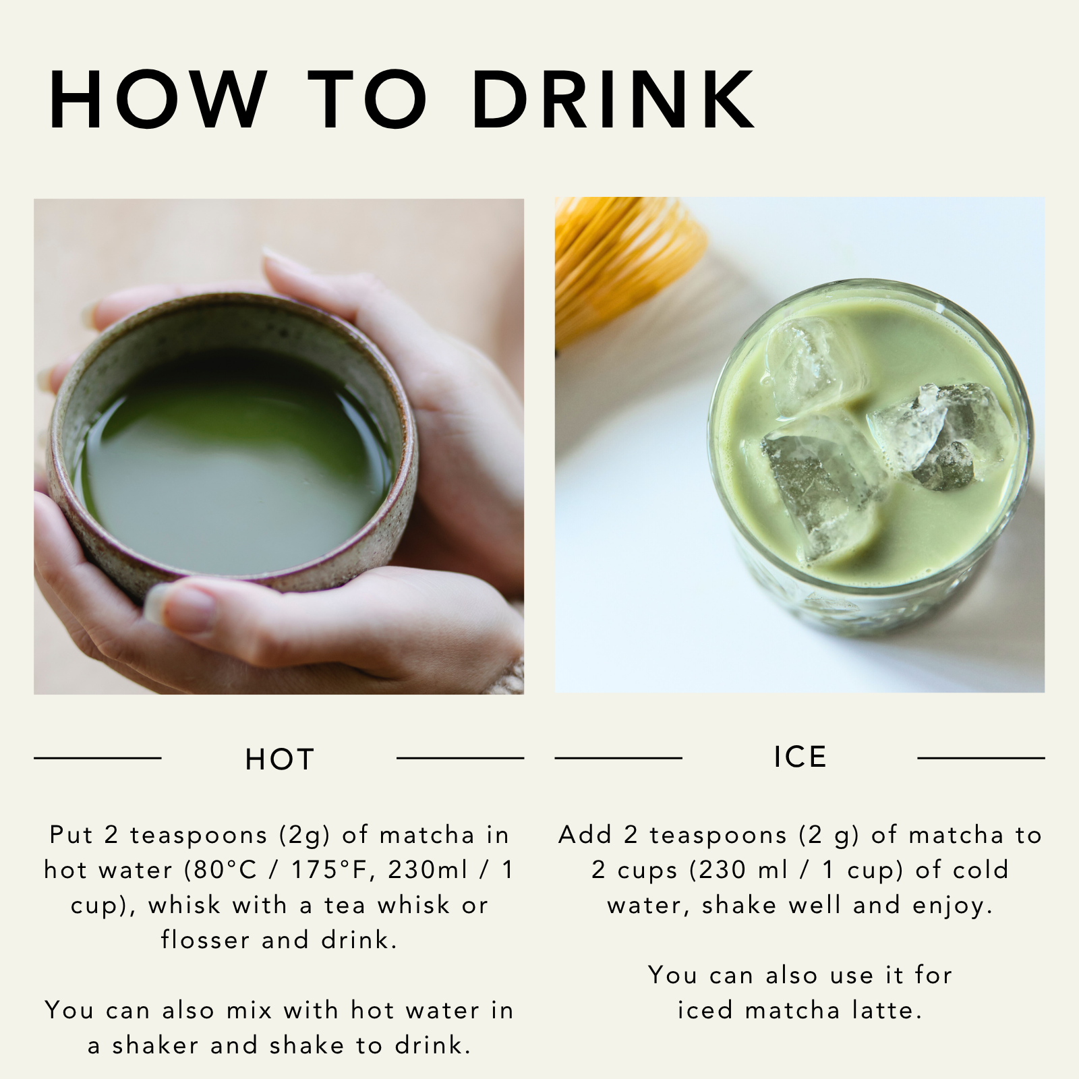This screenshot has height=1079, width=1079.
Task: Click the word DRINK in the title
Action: coord(614,99)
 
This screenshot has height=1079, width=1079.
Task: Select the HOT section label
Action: coord(280,759)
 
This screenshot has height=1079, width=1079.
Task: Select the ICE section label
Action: coord(800,757)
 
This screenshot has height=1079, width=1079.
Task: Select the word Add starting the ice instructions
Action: coord(585,835)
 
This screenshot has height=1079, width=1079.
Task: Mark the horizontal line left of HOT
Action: coord(98,758)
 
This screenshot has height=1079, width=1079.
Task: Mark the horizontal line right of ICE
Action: coord(981,758)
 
